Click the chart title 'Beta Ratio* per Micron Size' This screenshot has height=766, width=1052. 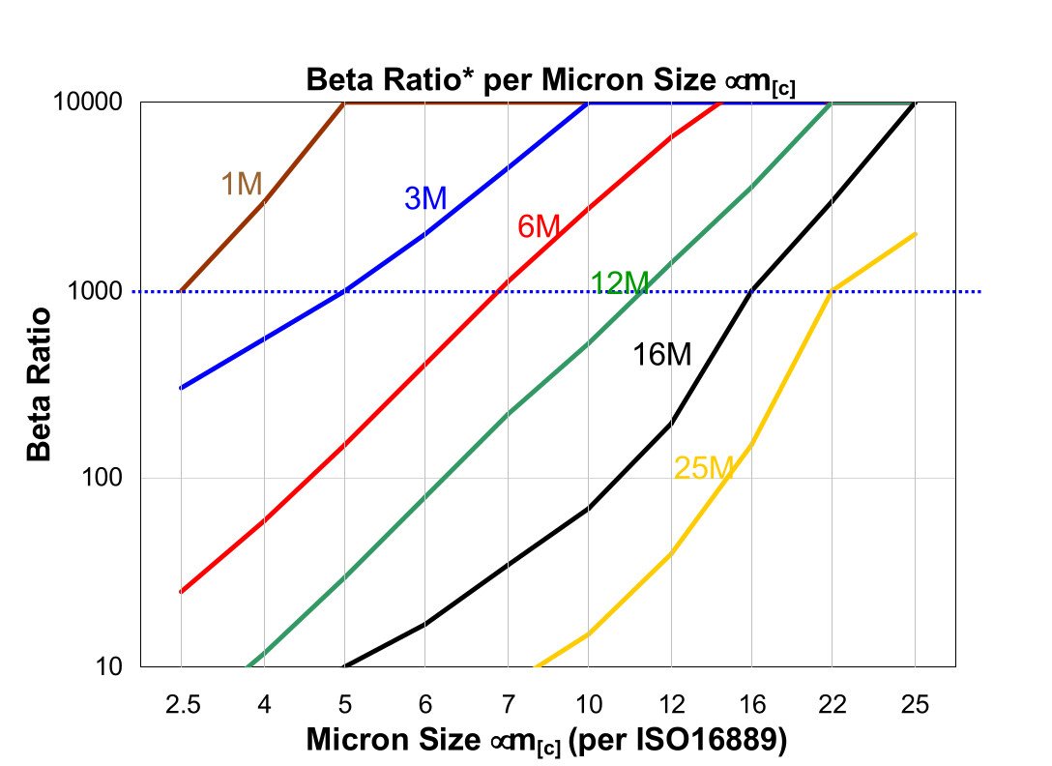pyautogui.click(x=550, y=80)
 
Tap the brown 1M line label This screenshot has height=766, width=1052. pyautogui.click(x=243, y=183)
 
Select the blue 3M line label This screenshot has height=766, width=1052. pyautogui.click(x=424, y=198)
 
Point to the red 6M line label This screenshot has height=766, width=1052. pyautogui.click(x=539, y=227)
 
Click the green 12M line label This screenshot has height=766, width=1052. pyautogui.click(x=619, y=282)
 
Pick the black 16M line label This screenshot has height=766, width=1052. pyautogui.click(x=662, y=355)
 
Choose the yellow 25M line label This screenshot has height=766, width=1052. pyautogui.click(x=704, y=469)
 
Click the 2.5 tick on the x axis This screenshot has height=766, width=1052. pyautogui.click(x=182, y=704)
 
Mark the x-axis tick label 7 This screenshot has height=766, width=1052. pyautogui.click(x=508, y=704)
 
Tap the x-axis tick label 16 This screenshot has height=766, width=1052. pyautogui.click(x=751, y=704)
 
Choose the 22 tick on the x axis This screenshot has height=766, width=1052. pyautogui.click(x=833, y=704)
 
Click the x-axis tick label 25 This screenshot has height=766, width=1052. pyautogui.click(x=915, y=704)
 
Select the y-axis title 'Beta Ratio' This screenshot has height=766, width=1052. pyautogui.click(x=39, y=384)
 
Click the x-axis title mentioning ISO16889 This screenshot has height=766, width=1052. pyautogui.click(x=546, y=741)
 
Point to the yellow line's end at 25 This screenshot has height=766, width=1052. pyautogui.click(x=915, y=234)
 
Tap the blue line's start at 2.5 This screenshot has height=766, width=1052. pyautogui.click(x=182, y=388)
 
